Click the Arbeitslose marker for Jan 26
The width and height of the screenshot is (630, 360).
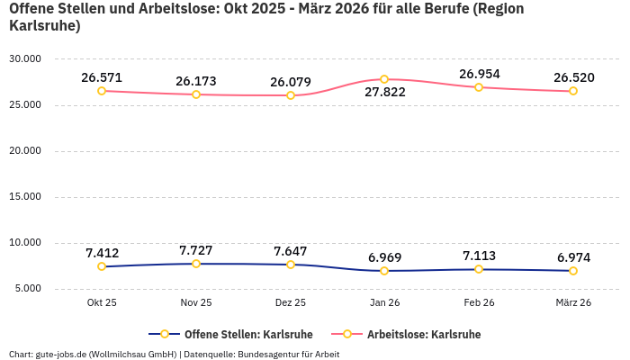(384, 79)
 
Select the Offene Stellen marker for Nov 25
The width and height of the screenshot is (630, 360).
(196, 264)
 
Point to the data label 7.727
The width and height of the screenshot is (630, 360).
(196, 250)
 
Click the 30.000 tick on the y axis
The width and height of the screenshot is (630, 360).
(25, 59)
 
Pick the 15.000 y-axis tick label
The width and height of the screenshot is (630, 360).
(25, 197)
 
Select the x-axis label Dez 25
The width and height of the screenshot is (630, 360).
(290, 303)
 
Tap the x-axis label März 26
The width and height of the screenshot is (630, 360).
(573, 303)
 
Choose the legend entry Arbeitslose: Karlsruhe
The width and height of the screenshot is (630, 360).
(424, 335)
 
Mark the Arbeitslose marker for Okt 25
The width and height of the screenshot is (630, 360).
(102, 91)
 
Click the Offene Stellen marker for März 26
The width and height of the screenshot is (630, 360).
(573, 270)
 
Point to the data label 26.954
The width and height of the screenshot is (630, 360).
(479, 74)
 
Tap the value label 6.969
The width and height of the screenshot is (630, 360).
(384, 257)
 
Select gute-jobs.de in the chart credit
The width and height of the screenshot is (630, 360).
(60, 355)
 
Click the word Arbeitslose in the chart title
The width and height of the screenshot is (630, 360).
(175, 9)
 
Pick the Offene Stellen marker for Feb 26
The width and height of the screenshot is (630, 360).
(479, 269)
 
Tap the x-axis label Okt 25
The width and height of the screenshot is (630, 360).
(102, 303)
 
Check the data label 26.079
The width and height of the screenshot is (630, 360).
(290, 82)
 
